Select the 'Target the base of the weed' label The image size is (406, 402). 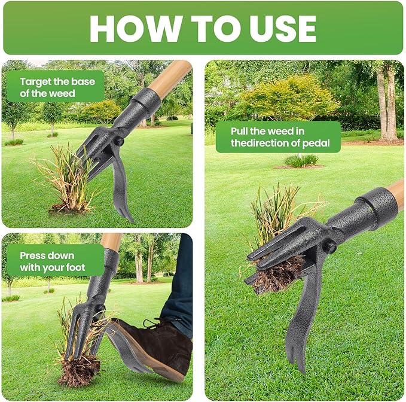[55, 87]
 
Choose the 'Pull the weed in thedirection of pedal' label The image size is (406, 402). [277, 137]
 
